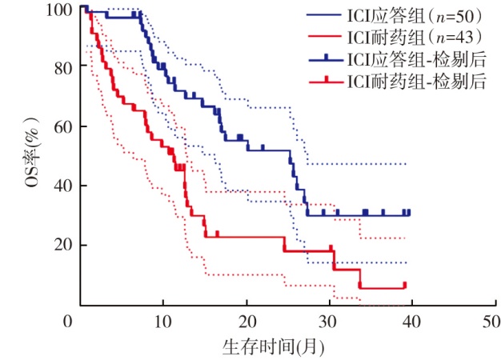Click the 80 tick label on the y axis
63,68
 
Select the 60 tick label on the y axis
63,127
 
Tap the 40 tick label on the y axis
63,186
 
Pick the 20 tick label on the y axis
63,245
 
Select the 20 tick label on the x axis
246,321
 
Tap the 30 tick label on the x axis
329,321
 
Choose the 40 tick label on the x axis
412,321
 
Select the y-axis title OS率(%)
34,157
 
